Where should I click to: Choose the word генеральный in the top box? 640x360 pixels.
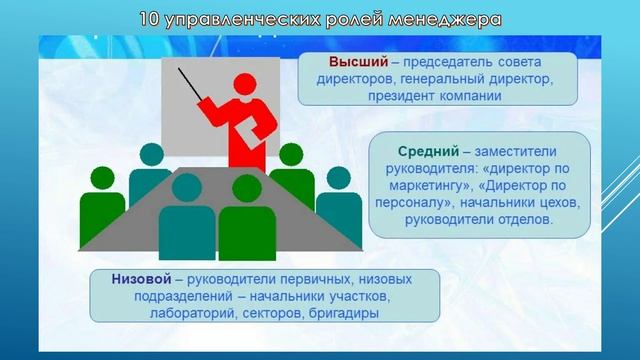tap(426, 79)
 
